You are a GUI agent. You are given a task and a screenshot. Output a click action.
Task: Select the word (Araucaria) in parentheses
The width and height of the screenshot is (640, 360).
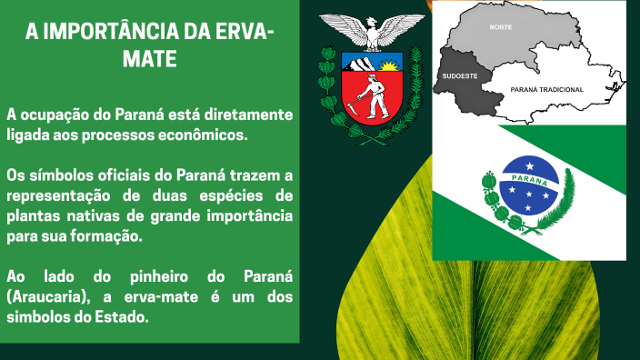click(42, 295)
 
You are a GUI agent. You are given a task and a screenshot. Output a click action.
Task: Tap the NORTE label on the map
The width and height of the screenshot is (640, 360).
click(500, 28)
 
